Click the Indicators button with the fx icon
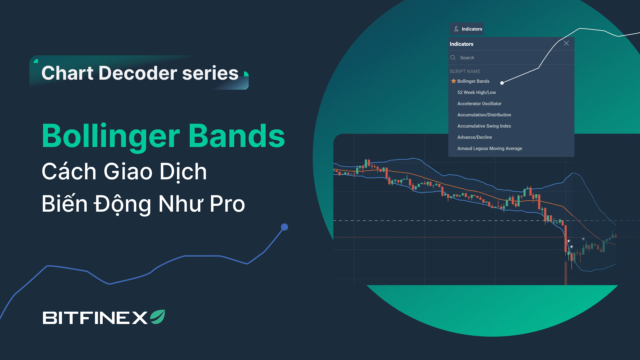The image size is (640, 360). click(x=467, y=29)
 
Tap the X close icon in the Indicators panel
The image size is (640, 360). click(x=566, y=43)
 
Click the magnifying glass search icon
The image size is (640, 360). click(x=453, y=58)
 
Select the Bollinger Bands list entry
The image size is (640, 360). click(x=473, y=81)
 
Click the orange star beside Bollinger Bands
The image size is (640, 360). click(x=453, y=81)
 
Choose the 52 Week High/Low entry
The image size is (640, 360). click(x=477, y=92)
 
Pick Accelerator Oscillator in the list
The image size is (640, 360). click(x=479, y=104)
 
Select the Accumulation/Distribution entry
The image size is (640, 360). click(x=484, y=115)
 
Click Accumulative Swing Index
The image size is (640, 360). click(x=484, y=126)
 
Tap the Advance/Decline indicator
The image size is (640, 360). click(x=475, y=137)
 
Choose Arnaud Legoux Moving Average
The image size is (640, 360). click(x=490, y=149)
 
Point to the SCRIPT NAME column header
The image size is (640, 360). click(x=465, y=71)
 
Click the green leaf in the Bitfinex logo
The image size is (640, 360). click(x=158, y=317)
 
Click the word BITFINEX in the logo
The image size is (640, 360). click(x=95, y=318)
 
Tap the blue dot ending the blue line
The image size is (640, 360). click(x=284, y=227)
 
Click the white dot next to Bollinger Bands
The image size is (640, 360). click(x=502, y=83)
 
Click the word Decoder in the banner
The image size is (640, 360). click(x=138, y=73)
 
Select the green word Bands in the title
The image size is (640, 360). click(x=237, y=136)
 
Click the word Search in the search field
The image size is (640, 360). click(x=467, y=58)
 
